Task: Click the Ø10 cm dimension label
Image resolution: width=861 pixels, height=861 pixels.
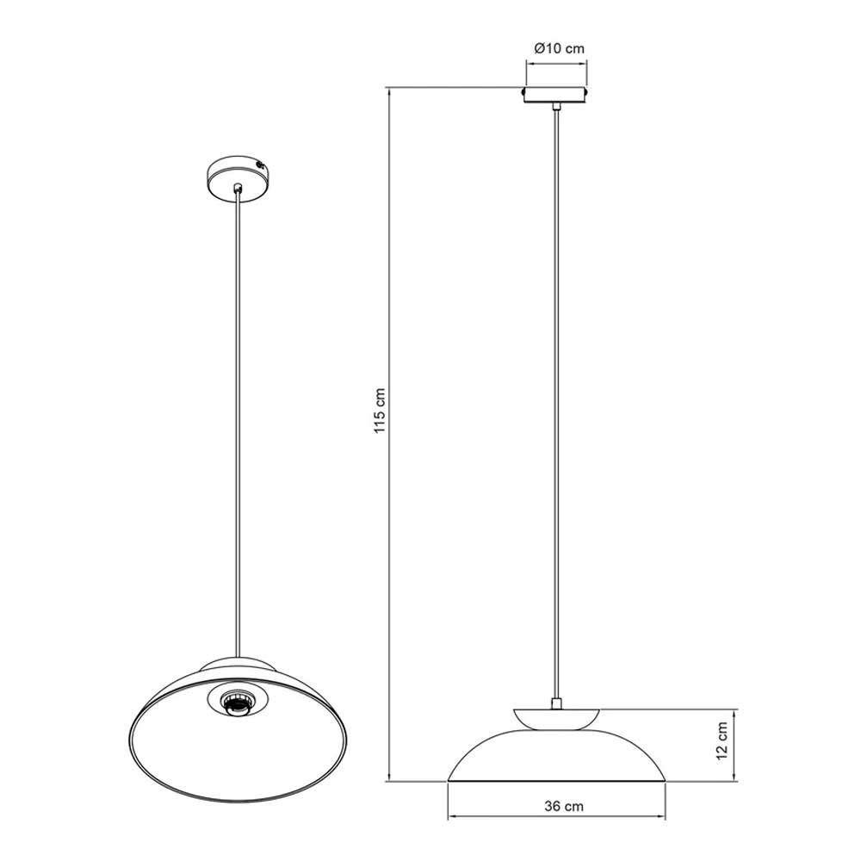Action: pyautogui.click(x=560, y=48)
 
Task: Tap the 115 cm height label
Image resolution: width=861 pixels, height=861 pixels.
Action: pyautogui.click(x=380, y=411)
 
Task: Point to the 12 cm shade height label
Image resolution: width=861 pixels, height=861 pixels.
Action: pyautogui.click(x=722, y=740)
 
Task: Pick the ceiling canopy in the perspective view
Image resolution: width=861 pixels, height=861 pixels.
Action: pyautogui.click(x=237, y=178)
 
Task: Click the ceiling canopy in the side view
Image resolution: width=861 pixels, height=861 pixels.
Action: pyautogui.click(x=555, y=95)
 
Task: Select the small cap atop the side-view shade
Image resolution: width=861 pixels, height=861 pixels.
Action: pyautogui.click(x=556, y=719)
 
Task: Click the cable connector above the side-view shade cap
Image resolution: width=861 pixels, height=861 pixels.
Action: pyautogui.click(x=556, y=703)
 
